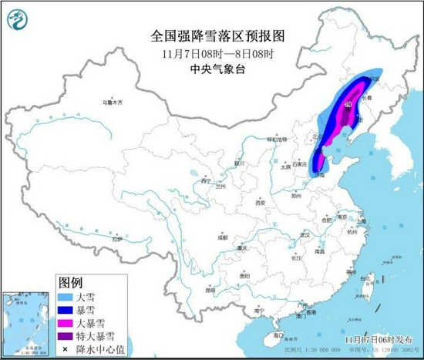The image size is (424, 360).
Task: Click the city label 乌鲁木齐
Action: (x=113, y=102)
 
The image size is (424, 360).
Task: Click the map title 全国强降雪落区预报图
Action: (x=212, y=36)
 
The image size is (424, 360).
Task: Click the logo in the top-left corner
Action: (x=19, y=19)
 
